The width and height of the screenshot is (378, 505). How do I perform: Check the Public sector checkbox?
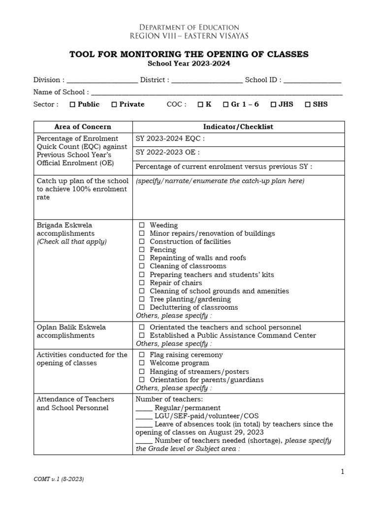pyautogui.click(x=72, y=105)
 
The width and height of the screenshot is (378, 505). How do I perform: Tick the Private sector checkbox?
pyautogui.click(x=114, y=105)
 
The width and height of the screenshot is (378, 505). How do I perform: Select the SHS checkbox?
pyautogui.click(x=308, y=105)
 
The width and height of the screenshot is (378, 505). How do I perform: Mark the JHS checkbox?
pyautogui.click(x=273, y=105)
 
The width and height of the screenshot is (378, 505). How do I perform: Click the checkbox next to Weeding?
pyautogui.click(x=142, y=225)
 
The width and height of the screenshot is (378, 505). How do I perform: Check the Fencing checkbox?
pyautogui.click(x=142, y=250)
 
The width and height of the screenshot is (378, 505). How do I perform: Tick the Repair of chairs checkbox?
pyautogui.click(x=142, y=283)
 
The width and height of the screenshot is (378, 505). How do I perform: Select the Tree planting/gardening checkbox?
pyautogui.click(x=142, y=299)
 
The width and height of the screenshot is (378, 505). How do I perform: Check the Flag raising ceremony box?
pyautogui.click(x=142, y=355)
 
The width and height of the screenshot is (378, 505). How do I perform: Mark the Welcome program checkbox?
pyautogui.click(x=142, y=363)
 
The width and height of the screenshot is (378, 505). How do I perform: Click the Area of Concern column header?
pyautogui.click(x=83, y=127)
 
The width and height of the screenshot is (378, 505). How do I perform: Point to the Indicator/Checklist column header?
pyautogui.click(x=238, y=127)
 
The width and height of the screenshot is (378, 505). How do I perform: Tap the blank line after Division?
pyautogui.click(x=102, y=80)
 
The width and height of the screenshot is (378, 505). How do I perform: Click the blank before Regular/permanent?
pyautogui.click(x=144, y=408)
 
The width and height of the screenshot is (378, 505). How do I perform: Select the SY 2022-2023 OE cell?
pyautogui.click(x=238, y=153)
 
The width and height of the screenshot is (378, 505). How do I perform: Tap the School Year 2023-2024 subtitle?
pyautogui.click(x=189, y=64)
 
